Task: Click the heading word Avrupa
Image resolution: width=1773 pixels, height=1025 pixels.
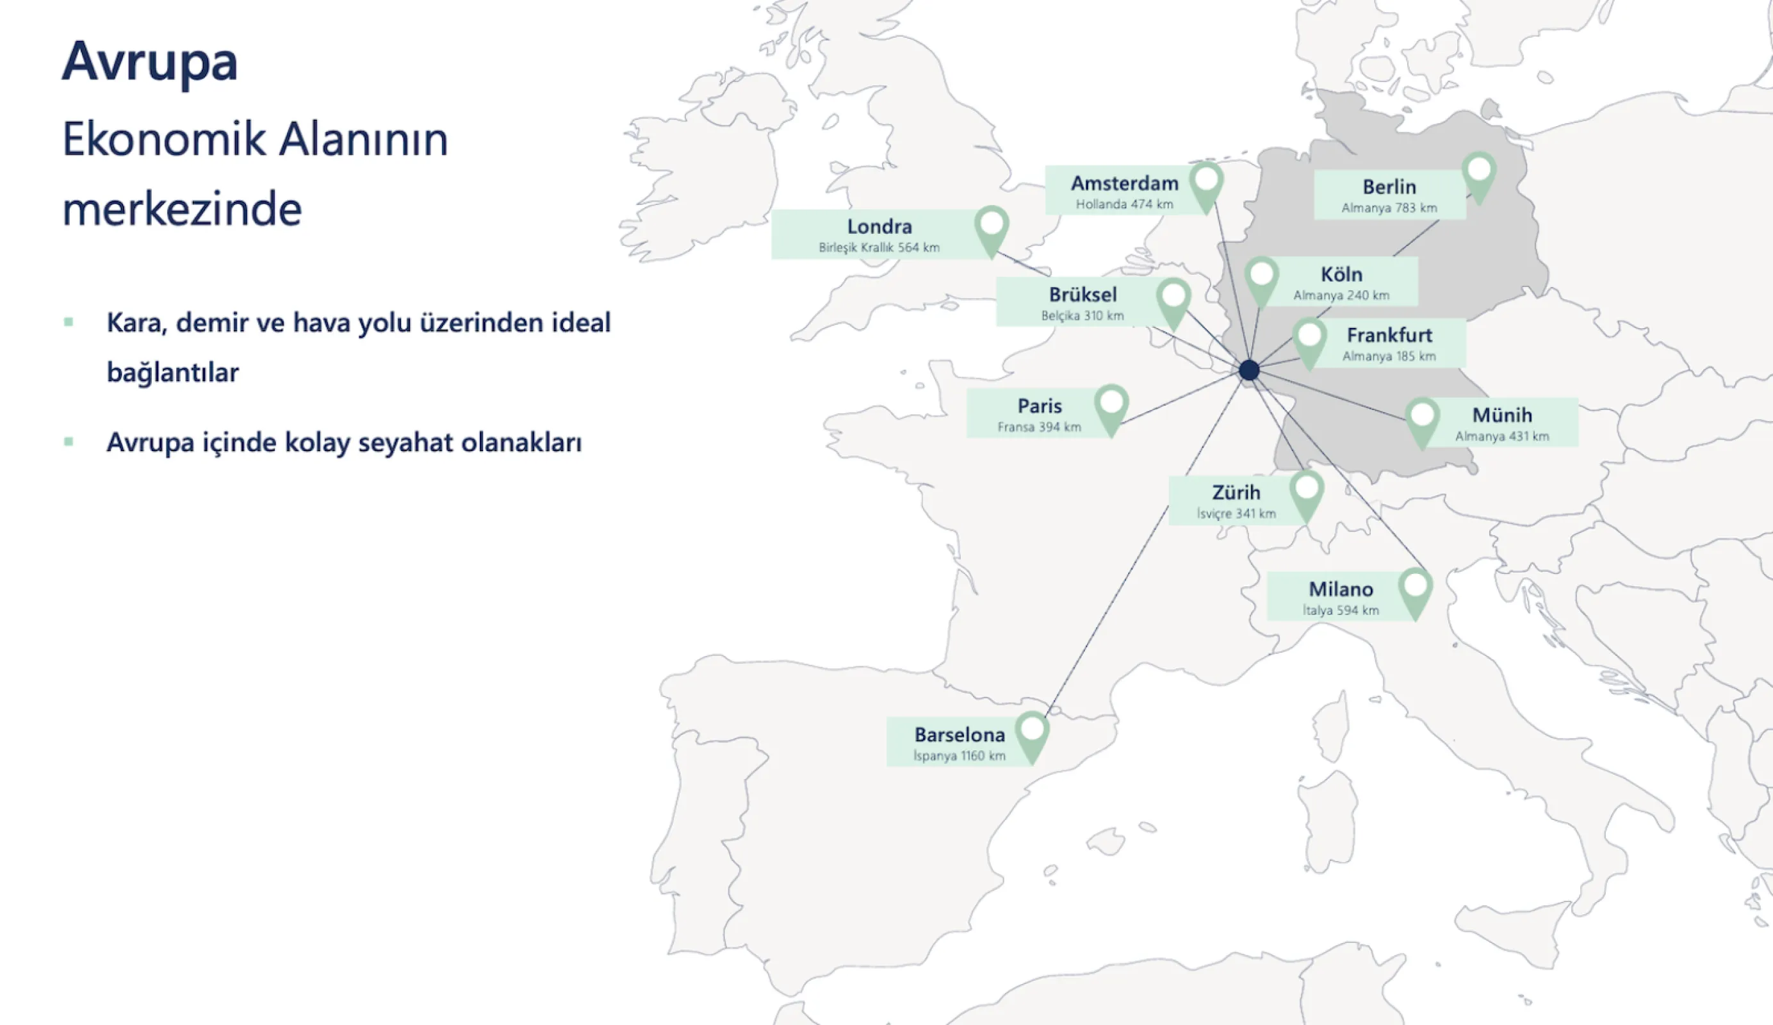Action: point(150,63)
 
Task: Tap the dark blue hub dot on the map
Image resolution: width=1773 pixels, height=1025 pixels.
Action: point(1249,370)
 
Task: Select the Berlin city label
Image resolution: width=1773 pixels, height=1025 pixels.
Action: point(1389,186)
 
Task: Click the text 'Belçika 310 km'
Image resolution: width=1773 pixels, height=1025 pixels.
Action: point(1082,316)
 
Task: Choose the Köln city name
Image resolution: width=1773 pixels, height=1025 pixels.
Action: point(1341,274)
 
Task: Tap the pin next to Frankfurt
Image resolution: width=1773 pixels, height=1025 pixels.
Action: point(1309,340)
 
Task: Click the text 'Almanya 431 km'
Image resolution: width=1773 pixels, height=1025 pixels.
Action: point(1501,436)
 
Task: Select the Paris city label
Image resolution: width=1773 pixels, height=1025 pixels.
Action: point(1039,406)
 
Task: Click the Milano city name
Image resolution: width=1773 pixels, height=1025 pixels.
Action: point(1340,589)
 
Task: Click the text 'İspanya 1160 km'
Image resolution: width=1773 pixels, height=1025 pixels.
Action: point(959,755)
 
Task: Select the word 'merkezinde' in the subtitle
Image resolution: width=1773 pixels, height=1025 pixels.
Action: point(182,209)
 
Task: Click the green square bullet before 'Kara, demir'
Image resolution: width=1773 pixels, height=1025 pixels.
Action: point(69,322)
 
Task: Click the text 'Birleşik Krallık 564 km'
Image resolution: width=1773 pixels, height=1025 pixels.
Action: point(879,248)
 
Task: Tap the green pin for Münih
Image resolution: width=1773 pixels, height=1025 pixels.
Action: point(1422,419)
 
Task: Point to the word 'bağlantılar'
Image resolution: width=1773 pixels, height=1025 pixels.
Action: point(172,372)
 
